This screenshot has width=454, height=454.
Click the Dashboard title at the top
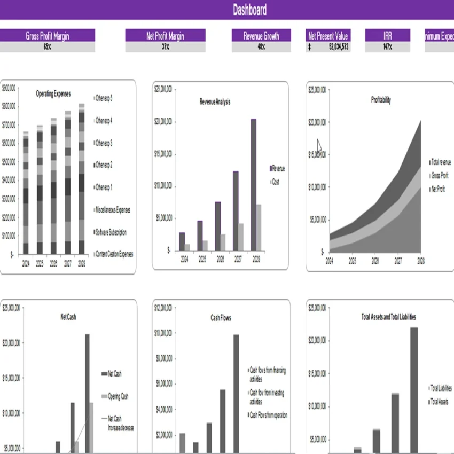click(249, 10)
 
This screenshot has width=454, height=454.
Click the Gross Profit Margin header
click(48, 36)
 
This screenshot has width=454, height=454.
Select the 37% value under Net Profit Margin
click(166, 47)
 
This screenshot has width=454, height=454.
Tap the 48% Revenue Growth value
click(261, 47)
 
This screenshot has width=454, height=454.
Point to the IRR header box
click(387, 36)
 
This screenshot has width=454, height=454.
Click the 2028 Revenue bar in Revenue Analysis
click(253, 184)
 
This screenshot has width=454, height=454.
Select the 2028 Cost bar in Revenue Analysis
click(259, 227)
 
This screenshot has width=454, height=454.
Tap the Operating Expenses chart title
click(53, 93)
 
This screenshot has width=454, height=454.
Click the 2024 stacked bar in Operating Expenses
click(26, 192)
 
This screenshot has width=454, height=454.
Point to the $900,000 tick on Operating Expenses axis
click(9, 88)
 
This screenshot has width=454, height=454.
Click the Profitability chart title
click(381, 99)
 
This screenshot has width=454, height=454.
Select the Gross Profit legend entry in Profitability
click(440, 175)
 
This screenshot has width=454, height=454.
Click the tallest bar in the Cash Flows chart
click(236, 393)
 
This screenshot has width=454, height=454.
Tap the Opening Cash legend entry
click(118, 396)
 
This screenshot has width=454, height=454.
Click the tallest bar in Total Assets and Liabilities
click(414, 390)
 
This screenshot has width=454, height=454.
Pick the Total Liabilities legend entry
click(441, 388)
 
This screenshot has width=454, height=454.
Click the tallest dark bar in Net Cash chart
click(87, 393)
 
